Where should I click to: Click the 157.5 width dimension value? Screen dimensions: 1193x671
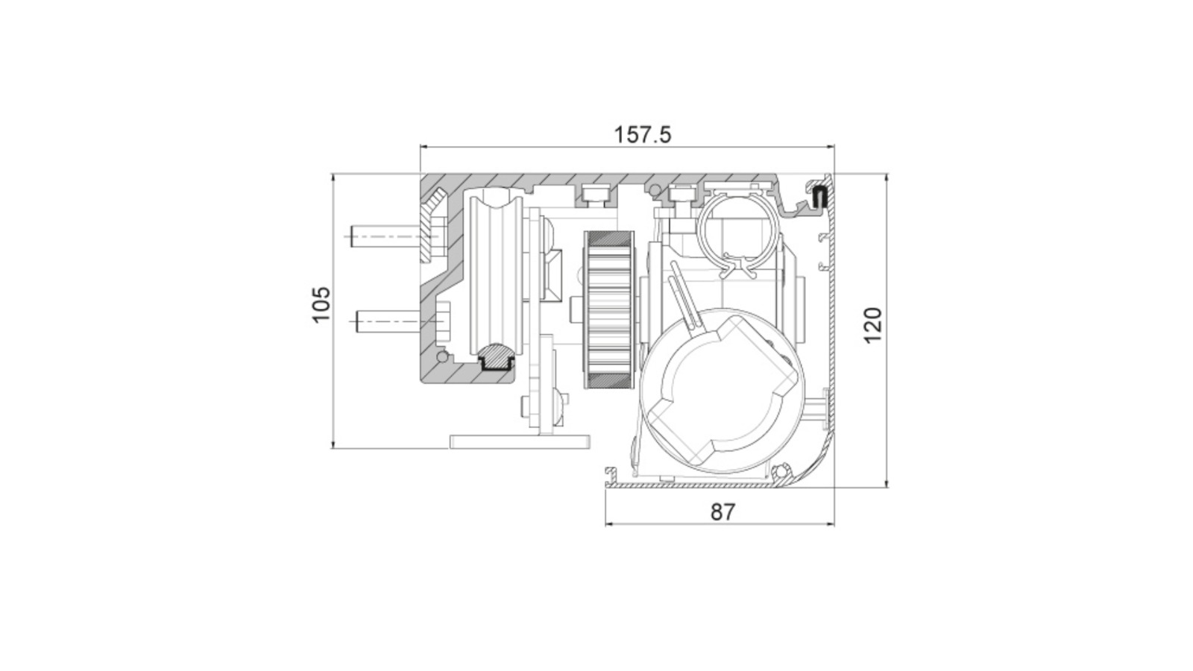point(643,135)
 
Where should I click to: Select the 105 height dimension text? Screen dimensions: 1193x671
point(321,305)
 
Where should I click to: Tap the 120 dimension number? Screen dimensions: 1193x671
point(873,325)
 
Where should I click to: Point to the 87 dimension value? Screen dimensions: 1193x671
point(723,511)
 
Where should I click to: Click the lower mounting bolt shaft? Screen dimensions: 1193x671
point(388,321)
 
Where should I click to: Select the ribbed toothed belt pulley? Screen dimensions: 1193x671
point(609,309)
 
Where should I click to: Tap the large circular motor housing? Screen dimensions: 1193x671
point(722,391)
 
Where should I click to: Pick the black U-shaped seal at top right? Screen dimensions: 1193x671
point(820,197)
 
